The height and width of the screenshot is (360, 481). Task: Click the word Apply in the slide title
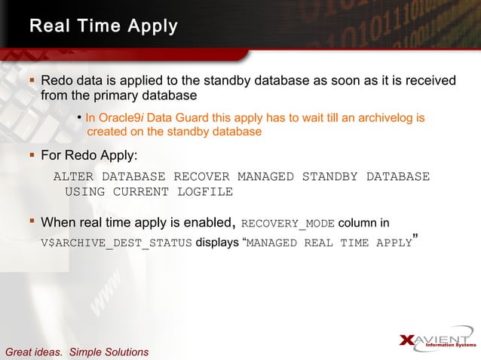pyautogui.click(x=152, y=27)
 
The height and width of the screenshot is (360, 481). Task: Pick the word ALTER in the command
pyautogui.click(x=73, y=177)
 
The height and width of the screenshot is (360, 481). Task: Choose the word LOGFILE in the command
pyautogui.click(x=205, y=191)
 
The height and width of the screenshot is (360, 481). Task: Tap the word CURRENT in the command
pyautogui.click(x=141, y=191)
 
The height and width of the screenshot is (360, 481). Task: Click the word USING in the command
pyautogui.click(x=85, y=191)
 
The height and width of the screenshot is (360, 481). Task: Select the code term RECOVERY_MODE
pyautogui.click(x=287, y=223)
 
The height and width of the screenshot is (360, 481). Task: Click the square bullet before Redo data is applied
pyautogui.click(x=31, y=80)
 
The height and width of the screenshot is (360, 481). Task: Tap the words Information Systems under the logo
pyautogui.click(x=451, y=346)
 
